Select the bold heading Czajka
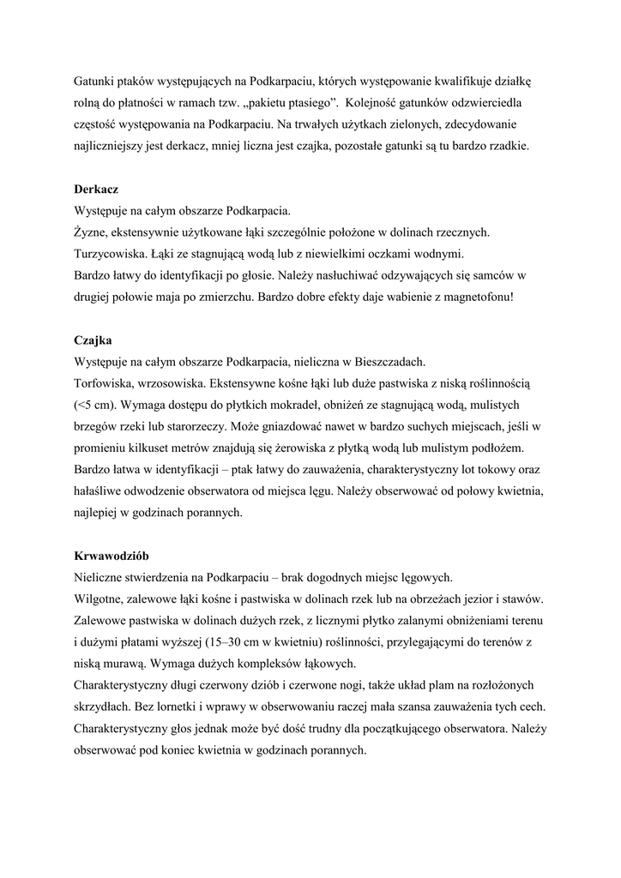(92, 340)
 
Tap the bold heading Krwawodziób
(112, 555)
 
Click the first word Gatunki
(95, 83)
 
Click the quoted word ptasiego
(299, 105)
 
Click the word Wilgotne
(100, 598)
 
